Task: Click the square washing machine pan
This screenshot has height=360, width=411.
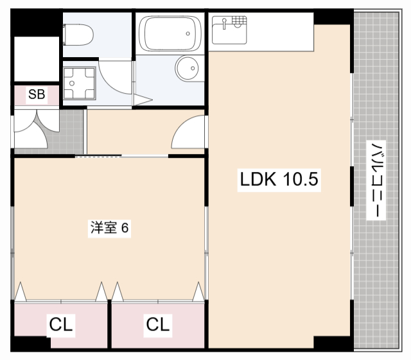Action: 79,83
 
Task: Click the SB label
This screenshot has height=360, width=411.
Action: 36,95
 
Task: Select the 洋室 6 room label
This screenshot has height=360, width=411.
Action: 110,228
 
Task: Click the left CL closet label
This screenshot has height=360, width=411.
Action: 61,325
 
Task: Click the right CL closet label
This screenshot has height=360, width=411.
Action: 158,325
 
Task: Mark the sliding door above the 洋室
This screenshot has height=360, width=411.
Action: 98,156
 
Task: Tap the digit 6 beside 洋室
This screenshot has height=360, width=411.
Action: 127,228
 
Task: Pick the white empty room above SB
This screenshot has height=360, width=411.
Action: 37,59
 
